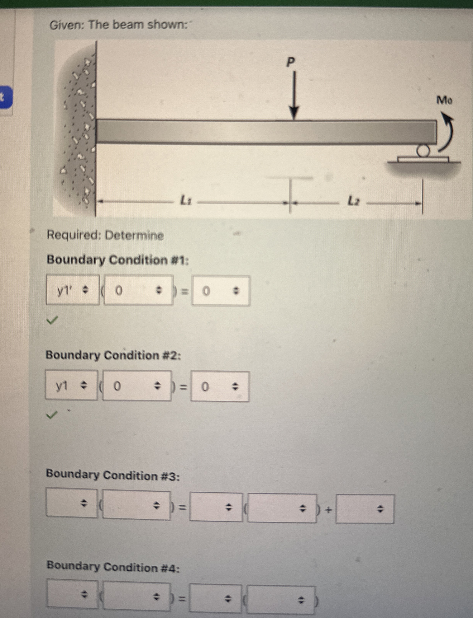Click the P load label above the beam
tap(290, 62)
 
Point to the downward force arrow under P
tap(294, 96)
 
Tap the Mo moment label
tap(444, 100)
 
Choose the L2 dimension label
tap(354, 201)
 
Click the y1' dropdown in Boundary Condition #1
tap(73, 290)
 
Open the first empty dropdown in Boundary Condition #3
tap(72, 503)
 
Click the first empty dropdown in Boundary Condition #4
tap(72, 593)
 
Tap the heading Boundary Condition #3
tap(113, 475)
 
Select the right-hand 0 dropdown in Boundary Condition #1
tap(221, 291)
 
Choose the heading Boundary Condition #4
tap(113, 567)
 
